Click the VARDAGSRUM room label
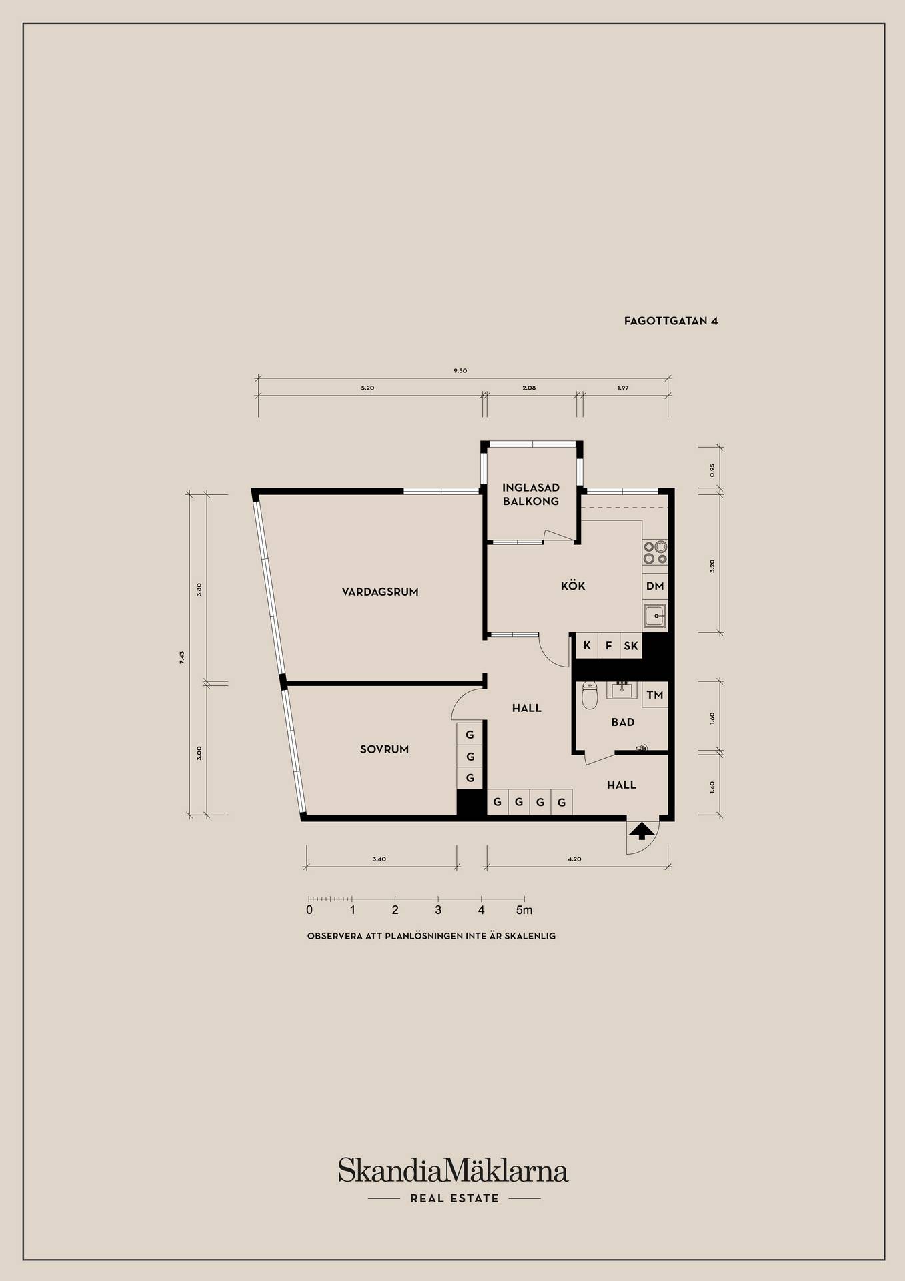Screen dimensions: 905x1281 pyautogui.click(x=380, y=592)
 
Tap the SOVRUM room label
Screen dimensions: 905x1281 pyautogui.click(x=384, y=749)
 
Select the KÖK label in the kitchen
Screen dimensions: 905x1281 pyautogui.click(x=573, y=586)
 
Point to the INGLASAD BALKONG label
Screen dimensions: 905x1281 pyautogui.click(x=531, y=494)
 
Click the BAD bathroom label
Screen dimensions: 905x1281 pyautogui.click(x=623, y=722)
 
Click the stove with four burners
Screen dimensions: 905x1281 pyautogui.click(x=655, y=552)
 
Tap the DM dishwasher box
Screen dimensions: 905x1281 pyautogui.click(x=655, y=586)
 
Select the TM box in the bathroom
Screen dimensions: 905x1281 pyautogui.click(x=655, y=695)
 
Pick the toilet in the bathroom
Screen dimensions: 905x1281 pyautogui.click(x=589, y=695)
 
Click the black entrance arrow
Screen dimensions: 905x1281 pyautogui.click(x=642, y=831)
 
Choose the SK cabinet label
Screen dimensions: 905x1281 pyautogui.click(x=631, y=646)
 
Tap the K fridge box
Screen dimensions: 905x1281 pyautogui.click(x=587, y=645)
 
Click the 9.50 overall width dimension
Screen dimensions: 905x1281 pyautogui.click(x=460, y=370)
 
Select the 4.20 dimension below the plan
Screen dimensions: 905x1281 pyautogui.click(x=574, y=859)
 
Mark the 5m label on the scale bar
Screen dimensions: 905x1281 pyautogui.click(x=524, y=910)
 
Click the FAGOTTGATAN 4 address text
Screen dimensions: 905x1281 pyautogui.click(x=671, y=321)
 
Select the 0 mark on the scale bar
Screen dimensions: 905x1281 pyautogui.click(x=309, y=910)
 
